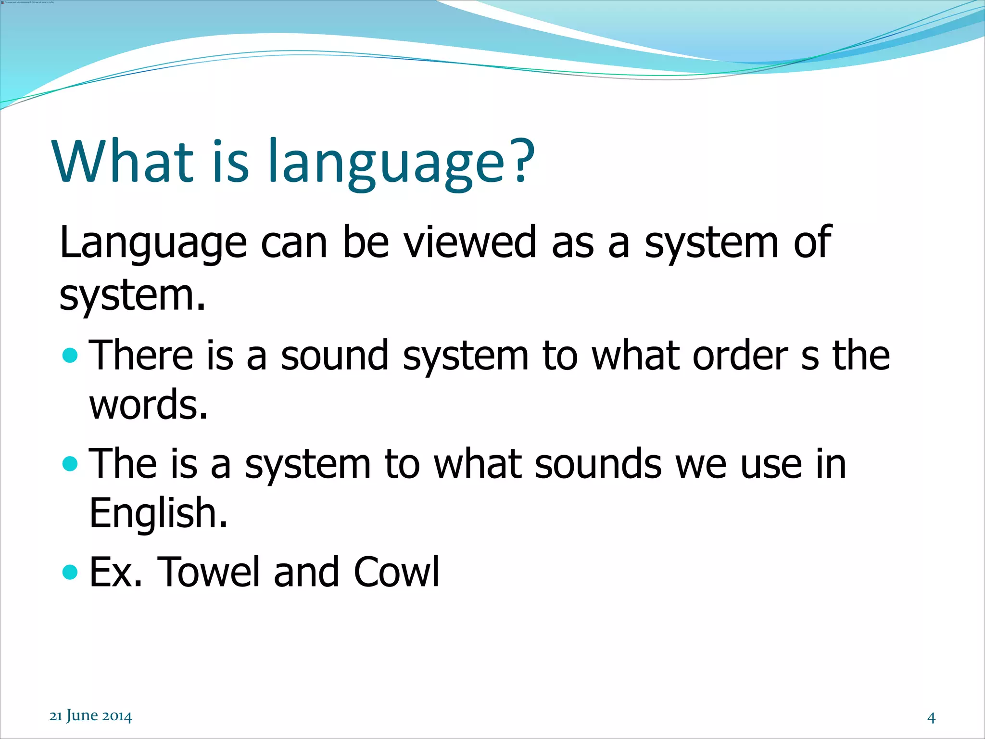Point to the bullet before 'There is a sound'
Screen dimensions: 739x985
(x=70, y=356)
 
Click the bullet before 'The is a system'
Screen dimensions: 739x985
(x=70, y=464)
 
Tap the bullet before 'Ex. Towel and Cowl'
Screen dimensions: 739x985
(x=70, y=572)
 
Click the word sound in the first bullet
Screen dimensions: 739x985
(x=334, y=355)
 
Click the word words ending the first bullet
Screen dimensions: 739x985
(x=148, y=405)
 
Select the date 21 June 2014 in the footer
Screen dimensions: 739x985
(x=90, y=716)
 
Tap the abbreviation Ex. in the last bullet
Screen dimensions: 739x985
(x=116, y=572)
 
